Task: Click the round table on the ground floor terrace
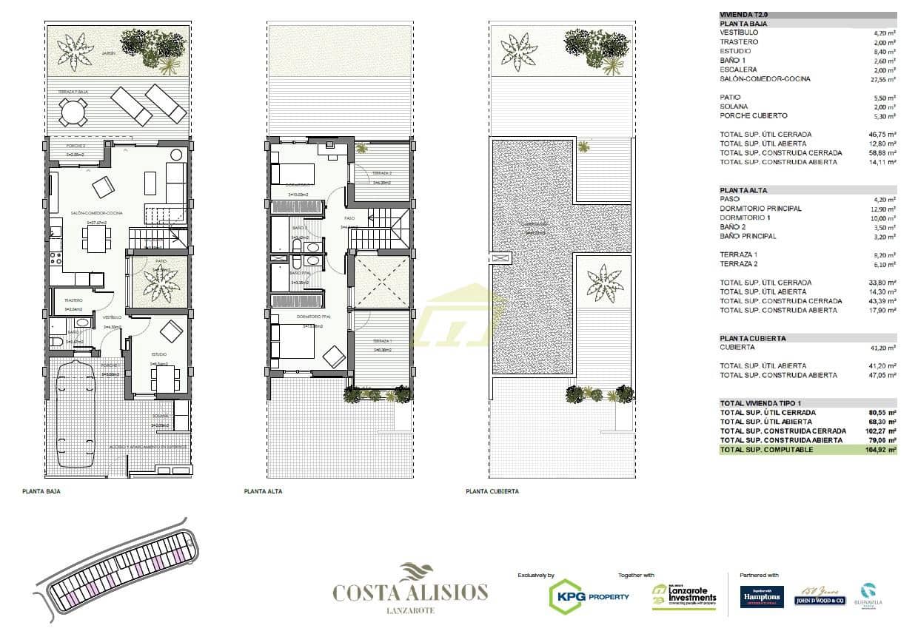73,112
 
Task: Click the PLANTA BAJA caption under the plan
41,491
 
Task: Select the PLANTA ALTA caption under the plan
263,491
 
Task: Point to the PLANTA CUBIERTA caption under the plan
492,491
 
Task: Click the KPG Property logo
589,596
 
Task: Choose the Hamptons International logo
762,596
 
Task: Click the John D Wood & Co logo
820,596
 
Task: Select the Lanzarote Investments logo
684,596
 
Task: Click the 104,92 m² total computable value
882,450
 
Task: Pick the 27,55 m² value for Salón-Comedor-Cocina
884,79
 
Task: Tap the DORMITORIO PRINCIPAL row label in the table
760,209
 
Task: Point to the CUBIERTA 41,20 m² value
884,348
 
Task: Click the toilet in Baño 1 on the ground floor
57,342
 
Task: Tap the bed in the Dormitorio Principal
292,341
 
